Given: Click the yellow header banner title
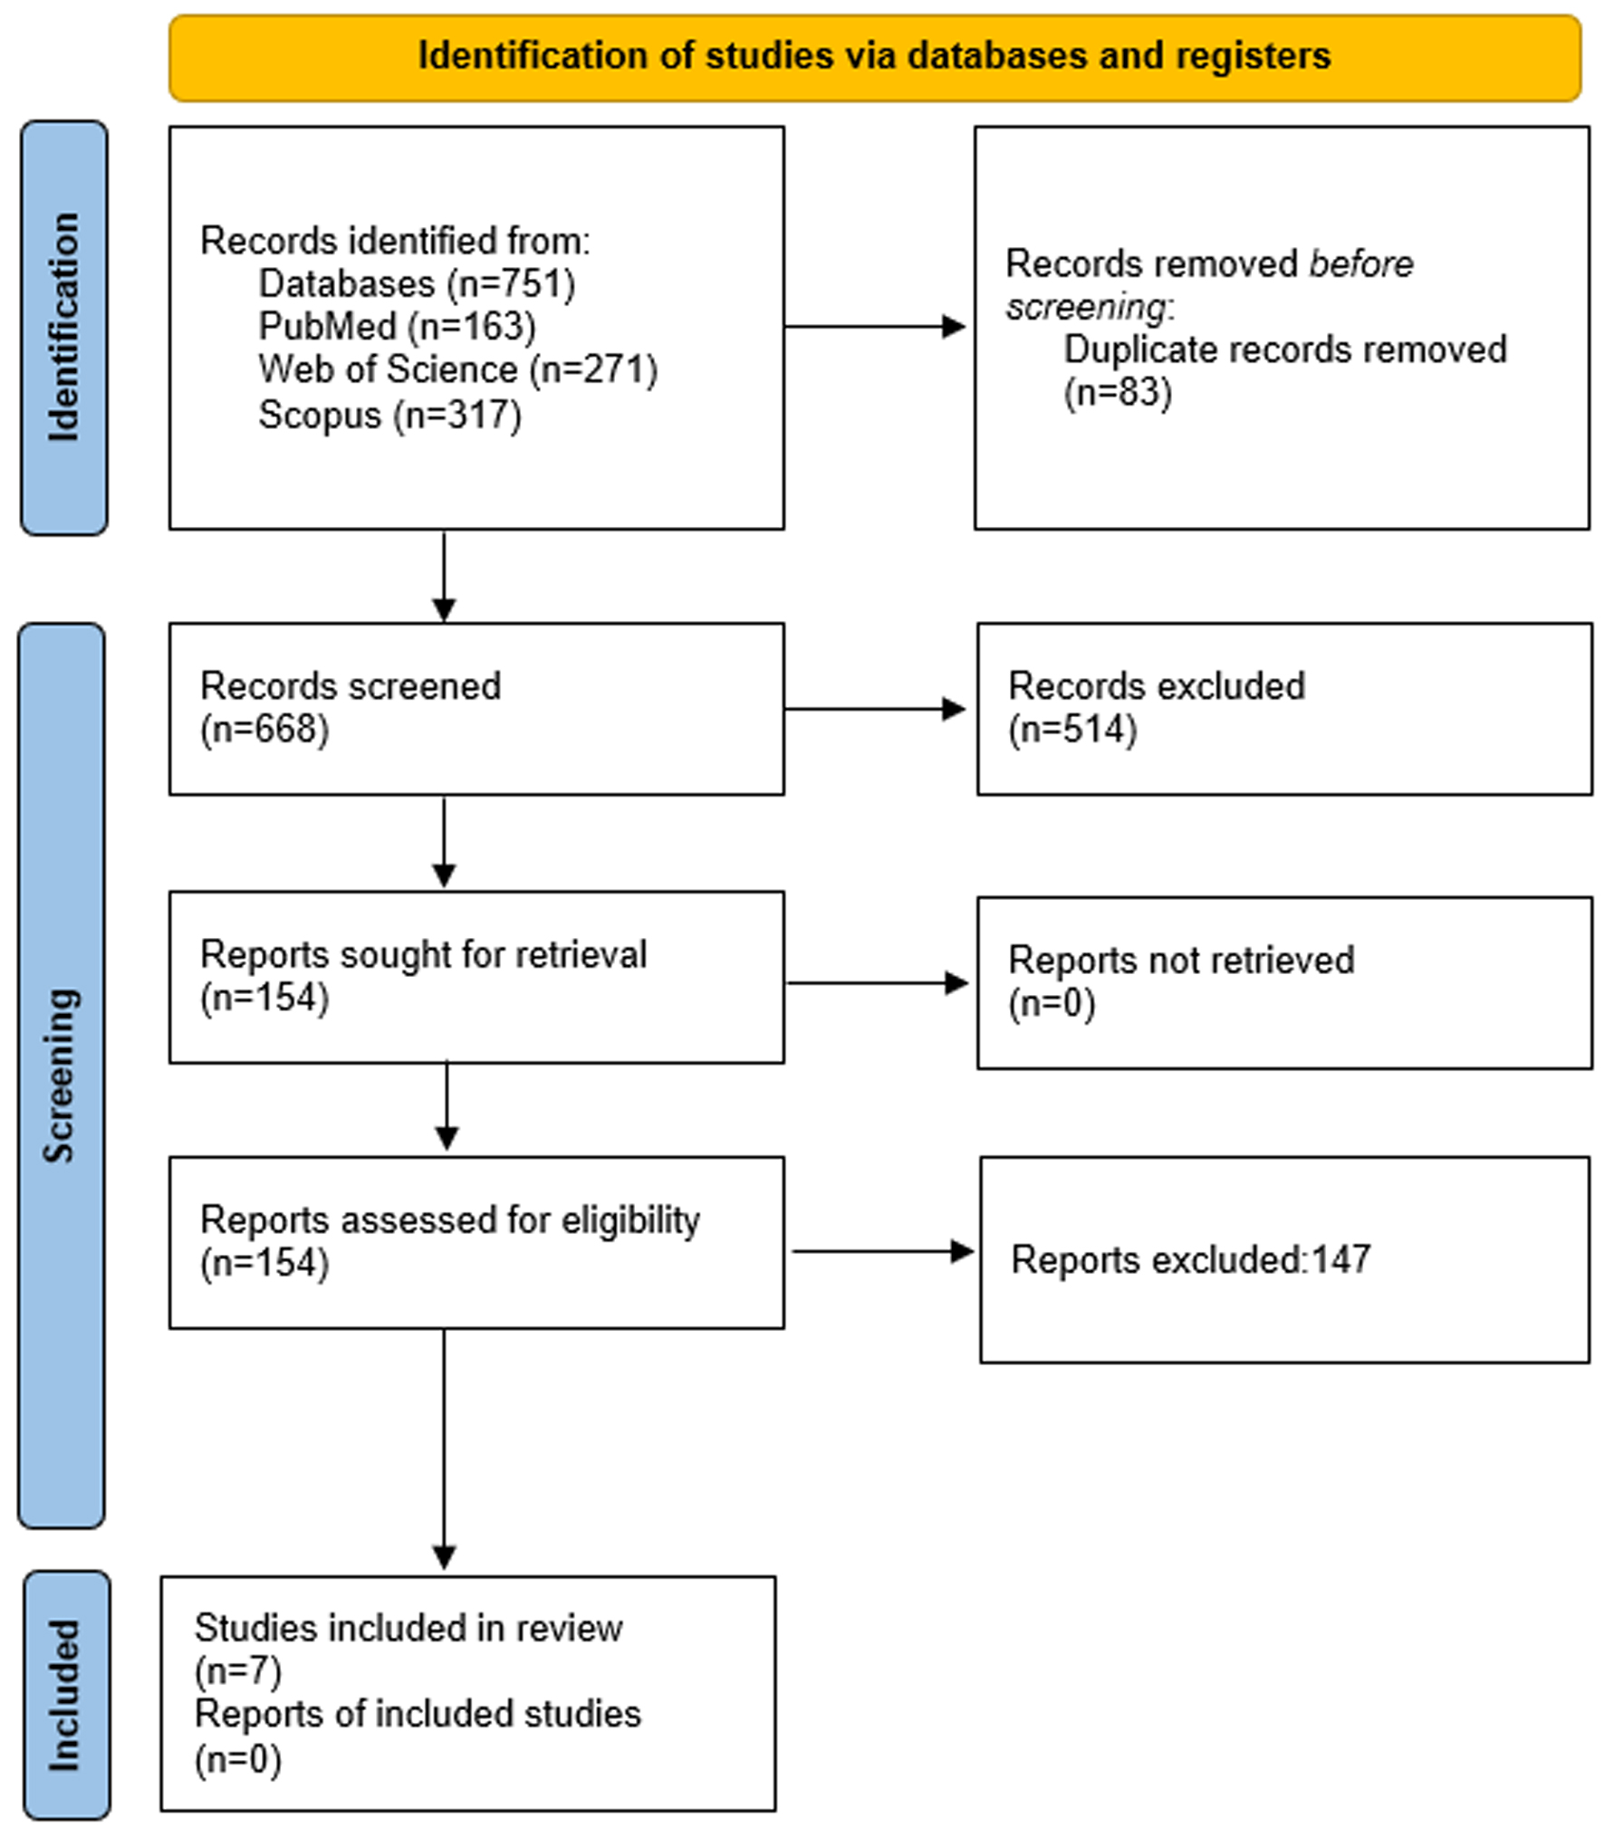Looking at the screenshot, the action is point(874,56).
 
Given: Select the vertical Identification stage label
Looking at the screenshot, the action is point(63,327).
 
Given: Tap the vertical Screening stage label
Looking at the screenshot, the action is point(61,1075).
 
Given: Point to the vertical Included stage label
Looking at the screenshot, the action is point(63,1695).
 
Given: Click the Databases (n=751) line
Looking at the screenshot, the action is point(417,284).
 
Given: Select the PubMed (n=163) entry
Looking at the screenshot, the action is point(397,327).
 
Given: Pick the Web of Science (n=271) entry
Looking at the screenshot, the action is point(457,370).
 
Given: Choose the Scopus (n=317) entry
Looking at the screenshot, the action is point(389,416).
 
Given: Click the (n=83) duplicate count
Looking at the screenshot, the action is point(1118,393).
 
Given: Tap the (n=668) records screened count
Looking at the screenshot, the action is point(264,730).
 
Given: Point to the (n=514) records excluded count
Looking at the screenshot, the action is point(1072,730).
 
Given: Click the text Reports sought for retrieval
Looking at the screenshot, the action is point(423,955).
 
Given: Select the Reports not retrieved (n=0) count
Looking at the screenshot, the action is point(1052,1004).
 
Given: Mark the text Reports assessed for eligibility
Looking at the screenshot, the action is point(450,1220).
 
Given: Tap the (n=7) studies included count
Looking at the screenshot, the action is point(238,1670).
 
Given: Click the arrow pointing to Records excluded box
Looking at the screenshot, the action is point(875,709).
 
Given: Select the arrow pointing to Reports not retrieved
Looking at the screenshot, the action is point(878,983).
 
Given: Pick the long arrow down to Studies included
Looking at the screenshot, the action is point(444,1449).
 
